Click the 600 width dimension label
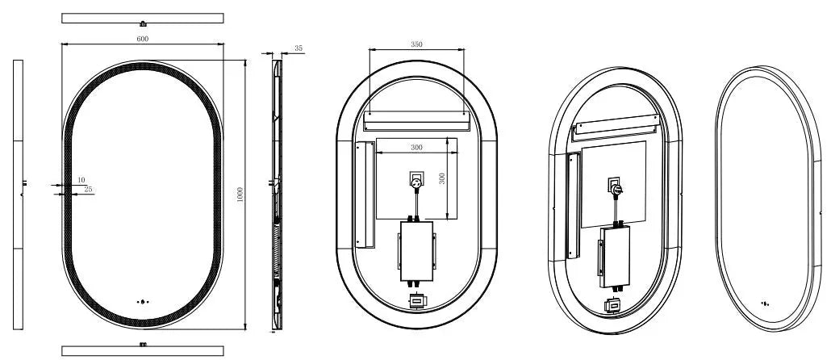tap(143, 39)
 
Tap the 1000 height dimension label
tap(240, 194)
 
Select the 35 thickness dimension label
tap(299, 48)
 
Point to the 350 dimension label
tap(416, 44)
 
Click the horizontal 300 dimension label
tap(416, 148)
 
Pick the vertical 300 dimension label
tap(443, 178)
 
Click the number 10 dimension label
tap(81, 180)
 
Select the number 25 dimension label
tap(88, 189)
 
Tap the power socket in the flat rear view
tap(416, 180)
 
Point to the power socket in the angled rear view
tap(615, 187)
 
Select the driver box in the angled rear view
tap(615, 257)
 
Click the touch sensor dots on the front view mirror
tap(143, 302)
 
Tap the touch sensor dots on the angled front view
tap(764, 303)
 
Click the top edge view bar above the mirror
tap(143, 19)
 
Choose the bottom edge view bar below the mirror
tap(143, 350)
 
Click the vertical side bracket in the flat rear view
tap(364, 195)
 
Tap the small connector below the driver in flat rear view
tap(416, 302)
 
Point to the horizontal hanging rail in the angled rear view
tap(616, 128)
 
